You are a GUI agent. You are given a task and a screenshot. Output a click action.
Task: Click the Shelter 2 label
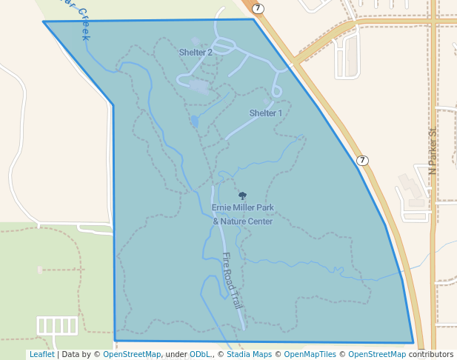point(196,53)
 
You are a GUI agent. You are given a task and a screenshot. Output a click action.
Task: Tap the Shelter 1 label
point(266,113)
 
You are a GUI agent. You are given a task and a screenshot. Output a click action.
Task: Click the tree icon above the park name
point(242,196)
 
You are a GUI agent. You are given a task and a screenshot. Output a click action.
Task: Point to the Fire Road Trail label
point(233,281)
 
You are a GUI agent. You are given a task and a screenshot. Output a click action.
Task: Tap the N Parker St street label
point(433,152)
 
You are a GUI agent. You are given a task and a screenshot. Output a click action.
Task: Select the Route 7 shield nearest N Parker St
point(362,160)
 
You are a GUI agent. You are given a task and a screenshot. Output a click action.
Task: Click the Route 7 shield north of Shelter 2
point(257,8)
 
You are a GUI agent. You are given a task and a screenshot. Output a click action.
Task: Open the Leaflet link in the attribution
point(41,355)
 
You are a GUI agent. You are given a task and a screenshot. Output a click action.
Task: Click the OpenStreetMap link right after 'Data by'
point(132,355)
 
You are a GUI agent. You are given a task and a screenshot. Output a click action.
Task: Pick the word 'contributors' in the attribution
point(431,355)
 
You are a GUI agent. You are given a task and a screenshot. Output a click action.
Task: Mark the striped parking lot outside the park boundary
point(57,325)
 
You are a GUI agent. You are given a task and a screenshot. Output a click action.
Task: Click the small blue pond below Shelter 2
point(195,120)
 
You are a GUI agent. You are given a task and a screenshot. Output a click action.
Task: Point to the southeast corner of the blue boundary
point(413,343)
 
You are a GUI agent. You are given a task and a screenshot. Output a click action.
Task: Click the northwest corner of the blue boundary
point(44,21)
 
